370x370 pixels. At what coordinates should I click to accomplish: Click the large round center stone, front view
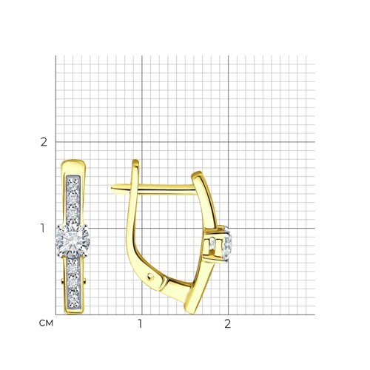(73, 240)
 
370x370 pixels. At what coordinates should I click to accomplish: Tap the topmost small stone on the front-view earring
(73, 182)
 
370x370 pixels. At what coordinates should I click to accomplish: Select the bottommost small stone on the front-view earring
(73, 300)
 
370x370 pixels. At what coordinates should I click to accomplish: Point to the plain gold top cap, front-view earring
(73, 167)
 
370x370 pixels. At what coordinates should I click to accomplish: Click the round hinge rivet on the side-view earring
(150, 277)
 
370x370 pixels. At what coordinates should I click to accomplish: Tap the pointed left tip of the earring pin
(112, 187)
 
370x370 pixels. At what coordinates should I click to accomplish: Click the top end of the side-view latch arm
(135, 161)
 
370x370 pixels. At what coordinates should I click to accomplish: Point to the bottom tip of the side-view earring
(193, 313)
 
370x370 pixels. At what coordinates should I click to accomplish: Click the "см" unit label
(46, 323)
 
